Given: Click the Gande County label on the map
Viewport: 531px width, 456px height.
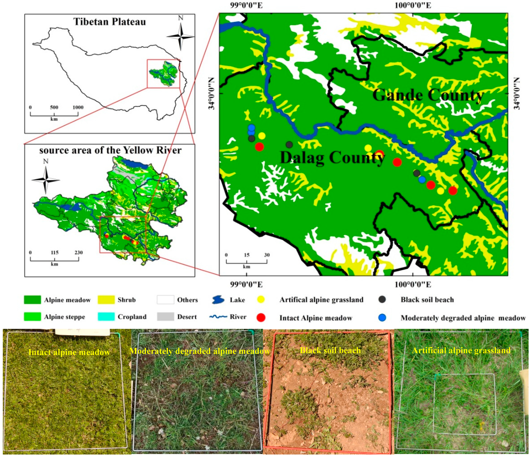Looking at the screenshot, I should tap(428, 95).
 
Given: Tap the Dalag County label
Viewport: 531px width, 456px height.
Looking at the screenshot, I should tap(332, 158).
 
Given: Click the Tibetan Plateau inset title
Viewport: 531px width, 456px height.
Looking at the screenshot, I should tap(110, 22).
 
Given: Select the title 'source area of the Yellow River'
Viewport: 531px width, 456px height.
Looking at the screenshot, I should tap(110, 150).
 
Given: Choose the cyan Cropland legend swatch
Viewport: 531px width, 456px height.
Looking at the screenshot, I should tap(106, 317).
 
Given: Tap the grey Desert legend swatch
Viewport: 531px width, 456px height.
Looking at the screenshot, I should tap(165, 317).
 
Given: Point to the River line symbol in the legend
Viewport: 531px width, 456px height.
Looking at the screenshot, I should tap(218, 317).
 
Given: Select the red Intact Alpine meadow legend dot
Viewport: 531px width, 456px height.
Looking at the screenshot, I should tap(261, 318).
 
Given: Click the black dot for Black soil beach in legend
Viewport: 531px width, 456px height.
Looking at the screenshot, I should tap(382, 299).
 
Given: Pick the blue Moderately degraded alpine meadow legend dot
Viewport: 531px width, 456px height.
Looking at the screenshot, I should tap(382, 318).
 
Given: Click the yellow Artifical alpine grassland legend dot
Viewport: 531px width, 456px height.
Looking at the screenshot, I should tap(261, 299).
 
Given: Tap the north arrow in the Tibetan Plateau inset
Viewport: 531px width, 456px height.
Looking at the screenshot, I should tap(181, 36).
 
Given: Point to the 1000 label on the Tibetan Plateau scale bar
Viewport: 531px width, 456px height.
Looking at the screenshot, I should tap(78, 107).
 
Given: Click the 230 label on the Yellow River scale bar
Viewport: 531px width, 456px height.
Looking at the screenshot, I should tap(78, 252).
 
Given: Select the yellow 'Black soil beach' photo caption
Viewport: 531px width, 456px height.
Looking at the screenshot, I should tap(330, 350).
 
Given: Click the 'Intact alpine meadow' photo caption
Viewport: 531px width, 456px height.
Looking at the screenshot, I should tap(69, 352).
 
